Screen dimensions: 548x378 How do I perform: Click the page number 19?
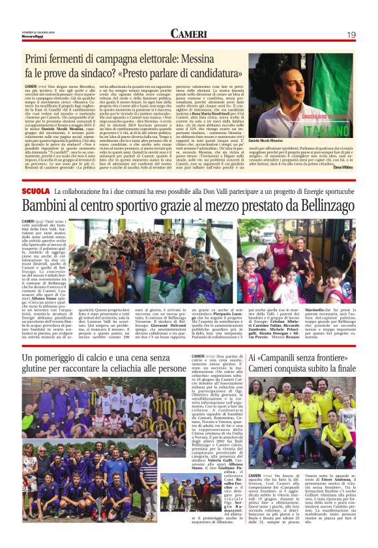(351, 34)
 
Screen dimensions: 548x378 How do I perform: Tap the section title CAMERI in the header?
(188, 34)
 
